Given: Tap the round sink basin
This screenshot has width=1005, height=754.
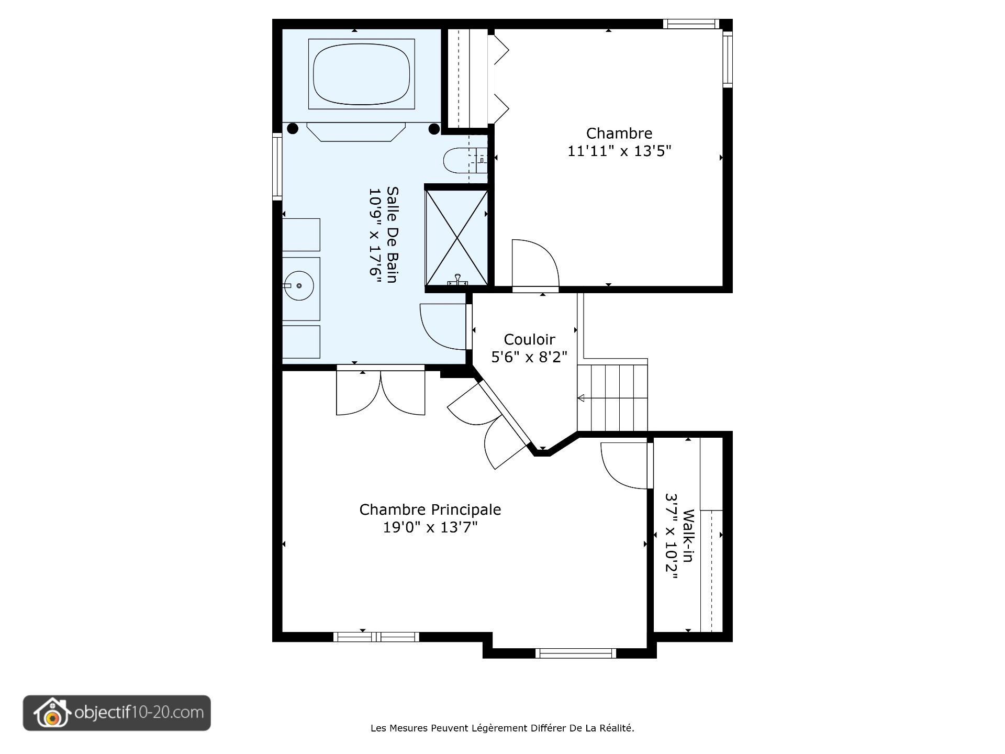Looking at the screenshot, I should pyautogui.click(x=299, y=285).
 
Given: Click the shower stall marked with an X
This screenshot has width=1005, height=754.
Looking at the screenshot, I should pyautogui.click(x=457, y=238).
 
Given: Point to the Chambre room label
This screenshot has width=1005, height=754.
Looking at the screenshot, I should pyautogui.click(x=619, y=133).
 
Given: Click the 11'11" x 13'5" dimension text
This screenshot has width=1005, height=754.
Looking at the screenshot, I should pyautogui.click(x=619, y=151).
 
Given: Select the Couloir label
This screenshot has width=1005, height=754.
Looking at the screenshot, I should pyautogui.click(x=529, y=339).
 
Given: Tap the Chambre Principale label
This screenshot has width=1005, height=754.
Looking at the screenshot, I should pyautogui.click(x=430, y=509).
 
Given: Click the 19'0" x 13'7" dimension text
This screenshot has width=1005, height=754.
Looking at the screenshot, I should pyautogui.click(x=430, y=527).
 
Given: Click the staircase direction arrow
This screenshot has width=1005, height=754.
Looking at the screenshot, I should pyautogui.click(x=581, y=398).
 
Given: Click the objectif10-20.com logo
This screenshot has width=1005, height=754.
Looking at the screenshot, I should pyautogui.click(x=117, y=713).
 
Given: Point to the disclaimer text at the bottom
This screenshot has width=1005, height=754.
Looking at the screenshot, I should pyautogui.click(x=502, y=728).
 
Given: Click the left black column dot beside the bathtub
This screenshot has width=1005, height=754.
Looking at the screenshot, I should pyautogui.click(x=293, y=128).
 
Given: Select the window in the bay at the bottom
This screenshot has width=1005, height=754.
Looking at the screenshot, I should pyautogui.click(x=575, y=653).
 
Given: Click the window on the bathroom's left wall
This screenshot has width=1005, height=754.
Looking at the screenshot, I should pyautogui.click(x=277, y=166).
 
